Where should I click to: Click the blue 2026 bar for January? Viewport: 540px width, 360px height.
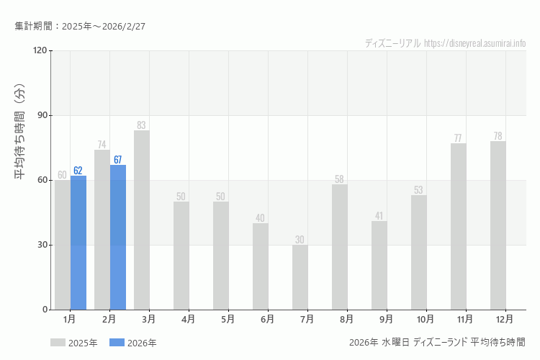(78, 243)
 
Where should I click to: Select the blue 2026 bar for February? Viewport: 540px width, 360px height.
(118, 238)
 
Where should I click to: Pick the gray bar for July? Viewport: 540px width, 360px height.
(300, 277)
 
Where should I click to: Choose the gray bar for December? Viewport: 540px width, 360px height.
(498, 225)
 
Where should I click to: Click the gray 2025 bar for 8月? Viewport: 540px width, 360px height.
(340, 247)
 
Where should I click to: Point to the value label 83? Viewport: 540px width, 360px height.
(142, 125)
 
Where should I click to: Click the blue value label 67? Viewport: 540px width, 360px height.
(118, 160)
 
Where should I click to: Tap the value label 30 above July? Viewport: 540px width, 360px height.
(300, 240)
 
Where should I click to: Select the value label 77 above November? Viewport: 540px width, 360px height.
(459, 138)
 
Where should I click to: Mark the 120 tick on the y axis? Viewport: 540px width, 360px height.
(40, 50)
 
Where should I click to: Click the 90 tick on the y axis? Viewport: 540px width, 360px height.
(42, 115)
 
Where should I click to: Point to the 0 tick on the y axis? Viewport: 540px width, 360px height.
(44, 310)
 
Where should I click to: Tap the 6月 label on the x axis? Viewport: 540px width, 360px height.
(267, 319)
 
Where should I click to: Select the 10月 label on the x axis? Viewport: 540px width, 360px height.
(425, 319)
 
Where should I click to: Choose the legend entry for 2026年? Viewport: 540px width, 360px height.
(133, 343)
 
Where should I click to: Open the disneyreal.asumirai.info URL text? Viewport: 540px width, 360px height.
(475, 43)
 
